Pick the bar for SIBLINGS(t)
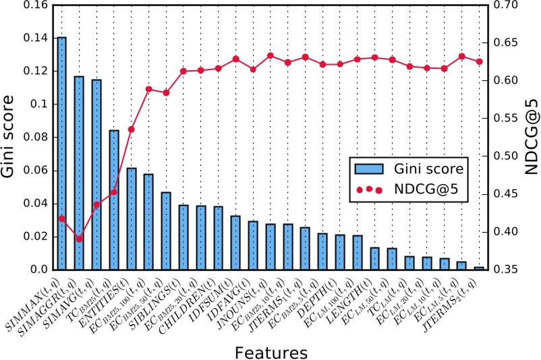click(183, 237)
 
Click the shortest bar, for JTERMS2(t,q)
click(479, 268)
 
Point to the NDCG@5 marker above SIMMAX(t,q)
click(61, 218)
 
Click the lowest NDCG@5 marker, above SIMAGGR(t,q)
click(79, 239)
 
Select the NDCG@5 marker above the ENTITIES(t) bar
click(132, 129)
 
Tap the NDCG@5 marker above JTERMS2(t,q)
click(479, 61)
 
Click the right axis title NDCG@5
click(531, 138)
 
